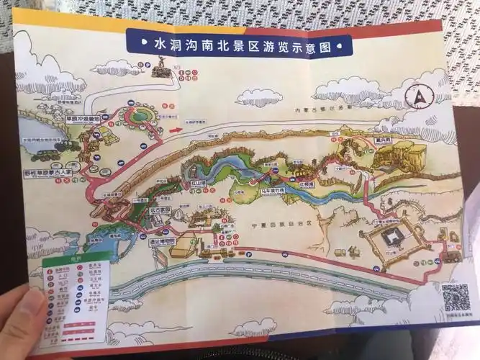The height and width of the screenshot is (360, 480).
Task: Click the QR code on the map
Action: click(454, 297)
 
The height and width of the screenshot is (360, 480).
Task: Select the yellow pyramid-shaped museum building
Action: click(186, 248)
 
